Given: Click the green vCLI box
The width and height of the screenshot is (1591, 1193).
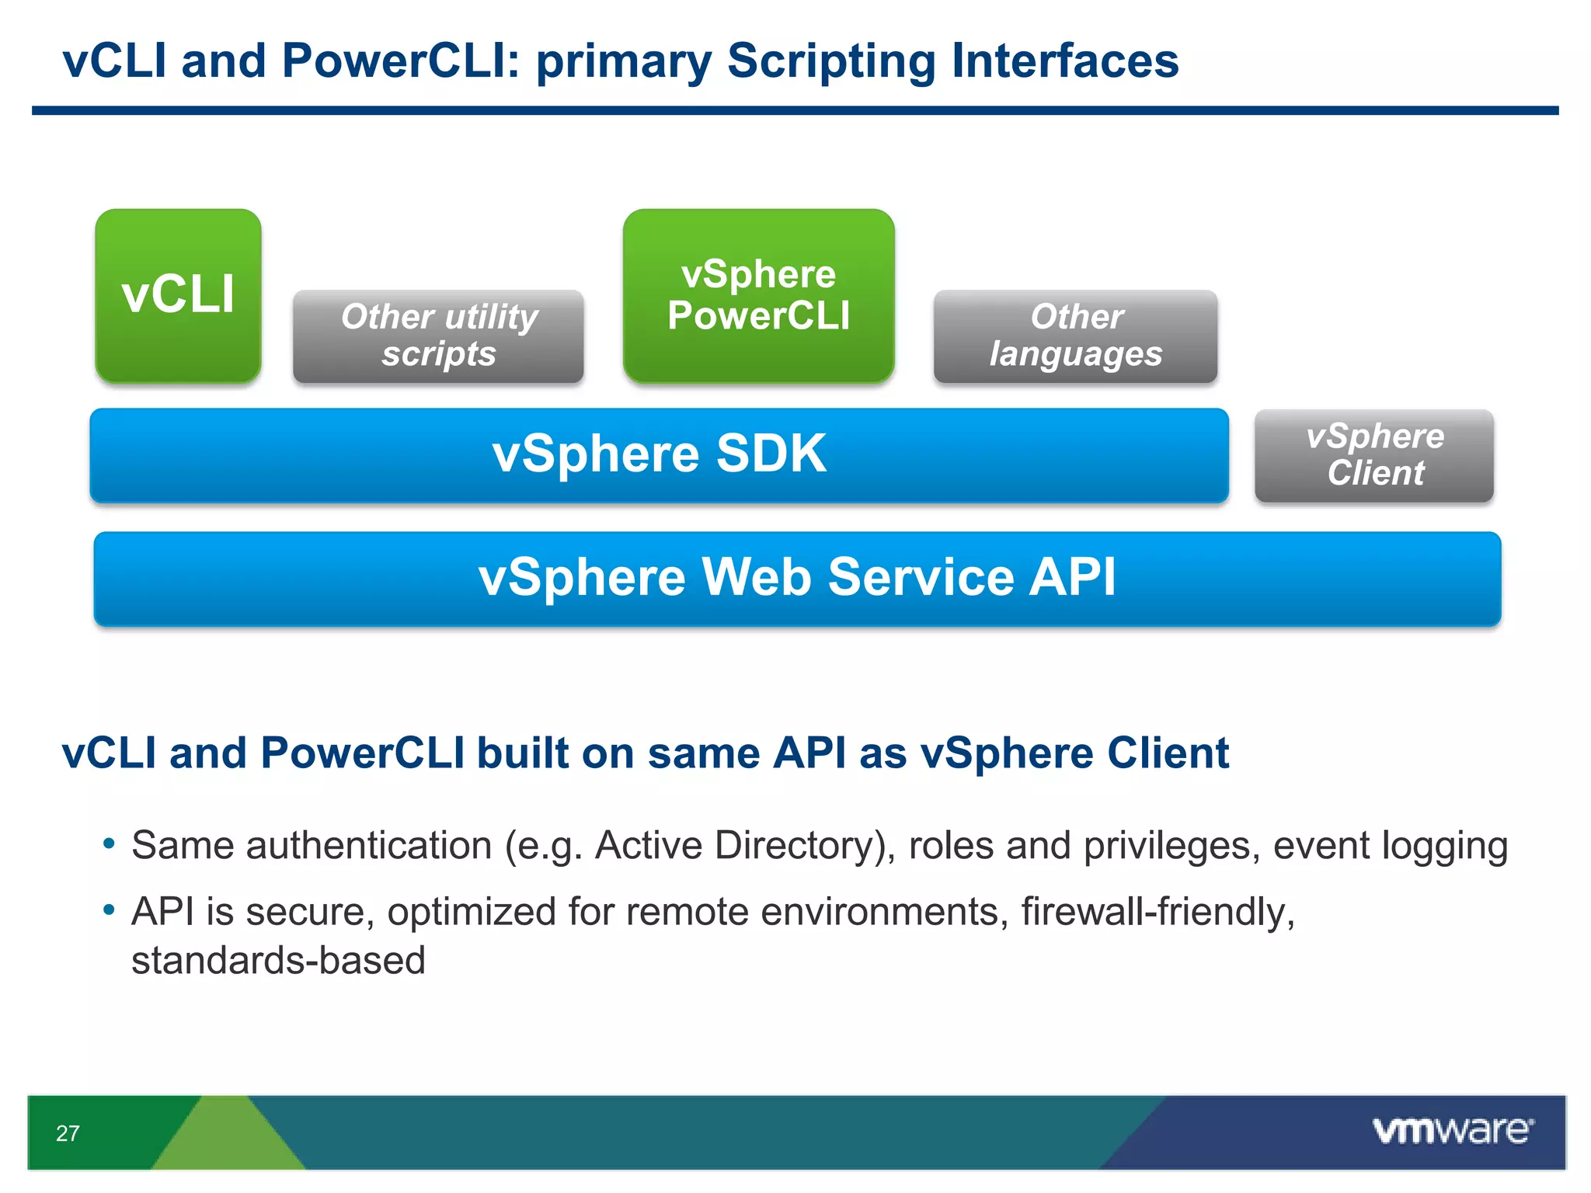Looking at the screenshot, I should tap(178, 295).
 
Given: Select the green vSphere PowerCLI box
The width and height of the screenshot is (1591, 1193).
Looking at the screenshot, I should tap(758, 295).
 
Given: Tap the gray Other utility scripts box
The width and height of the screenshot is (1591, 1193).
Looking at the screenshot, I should tap(438, 336).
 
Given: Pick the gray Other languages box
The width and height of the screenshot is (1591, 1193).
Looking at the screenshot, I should tap(1075, 336).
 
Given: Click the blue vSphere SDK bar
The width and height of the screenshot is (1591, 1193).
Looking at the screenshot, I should tap(659, 454).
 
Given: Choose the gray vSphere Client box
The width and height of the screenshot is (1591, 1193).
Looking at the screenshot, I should tap(1373, 455).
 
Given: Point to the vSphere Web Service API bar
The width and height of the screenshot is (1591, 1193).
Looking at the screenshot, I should tap(797, 578).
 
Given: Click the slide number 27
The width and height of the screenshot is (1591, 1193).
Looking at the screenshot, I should tap(68, 1133).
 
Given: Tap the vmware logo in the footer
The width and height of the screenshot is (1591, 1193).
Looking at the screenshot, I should tap(1453, 1130).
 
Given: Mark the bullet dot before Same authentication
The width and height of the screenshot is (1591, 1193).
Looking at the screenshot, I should tap(110, 843).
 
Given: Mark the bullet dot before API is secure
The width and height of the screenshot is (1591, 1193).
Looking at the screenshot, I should tap(110, 910).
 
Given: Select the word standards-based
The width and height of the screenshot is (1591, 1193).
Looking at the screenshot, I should tap(278, 961).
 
